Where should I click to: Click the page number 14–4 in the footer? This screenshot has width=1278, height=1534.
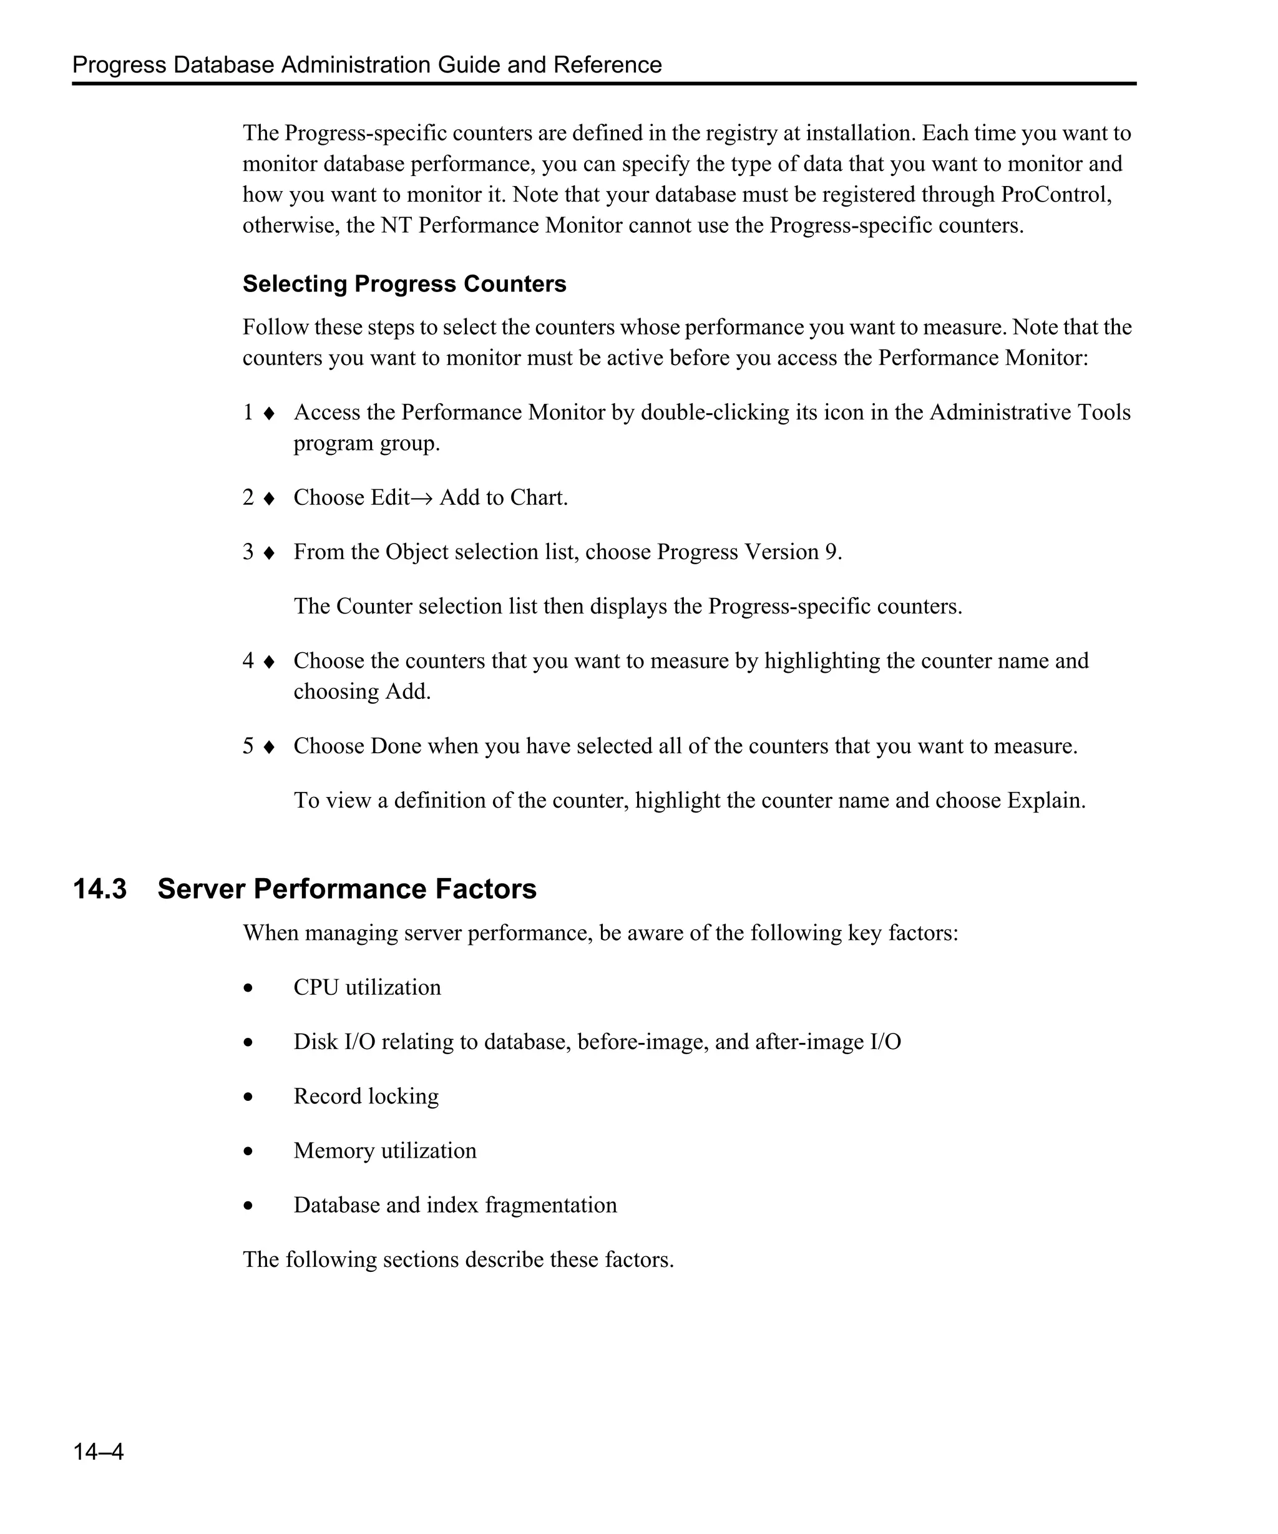click(98, 1452)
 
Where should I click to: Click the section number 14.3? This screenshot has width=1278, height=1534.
click(100, 889)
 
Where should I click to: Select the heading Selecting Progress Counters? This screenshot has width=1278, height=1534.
click(404, 283)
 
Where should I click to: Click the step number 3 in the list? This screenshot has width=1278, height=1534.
click(248, 552)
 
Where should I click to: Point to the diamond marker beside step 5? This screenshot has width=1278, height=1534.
click(269, 747)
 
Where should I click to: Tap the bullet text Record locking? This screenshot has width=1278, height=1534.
click(366, 1097)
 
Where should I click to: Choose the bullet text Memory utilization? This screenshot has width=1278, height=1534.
click(385, 1151)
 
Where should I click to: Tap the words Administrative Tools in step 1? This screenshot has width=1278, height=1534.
click(1030, 413)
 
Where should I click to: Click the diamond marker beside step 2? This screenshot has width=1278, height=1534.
click(269, 499)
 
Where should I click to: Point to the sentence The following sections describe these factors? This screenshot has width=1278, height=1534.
click(458, 1260)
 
